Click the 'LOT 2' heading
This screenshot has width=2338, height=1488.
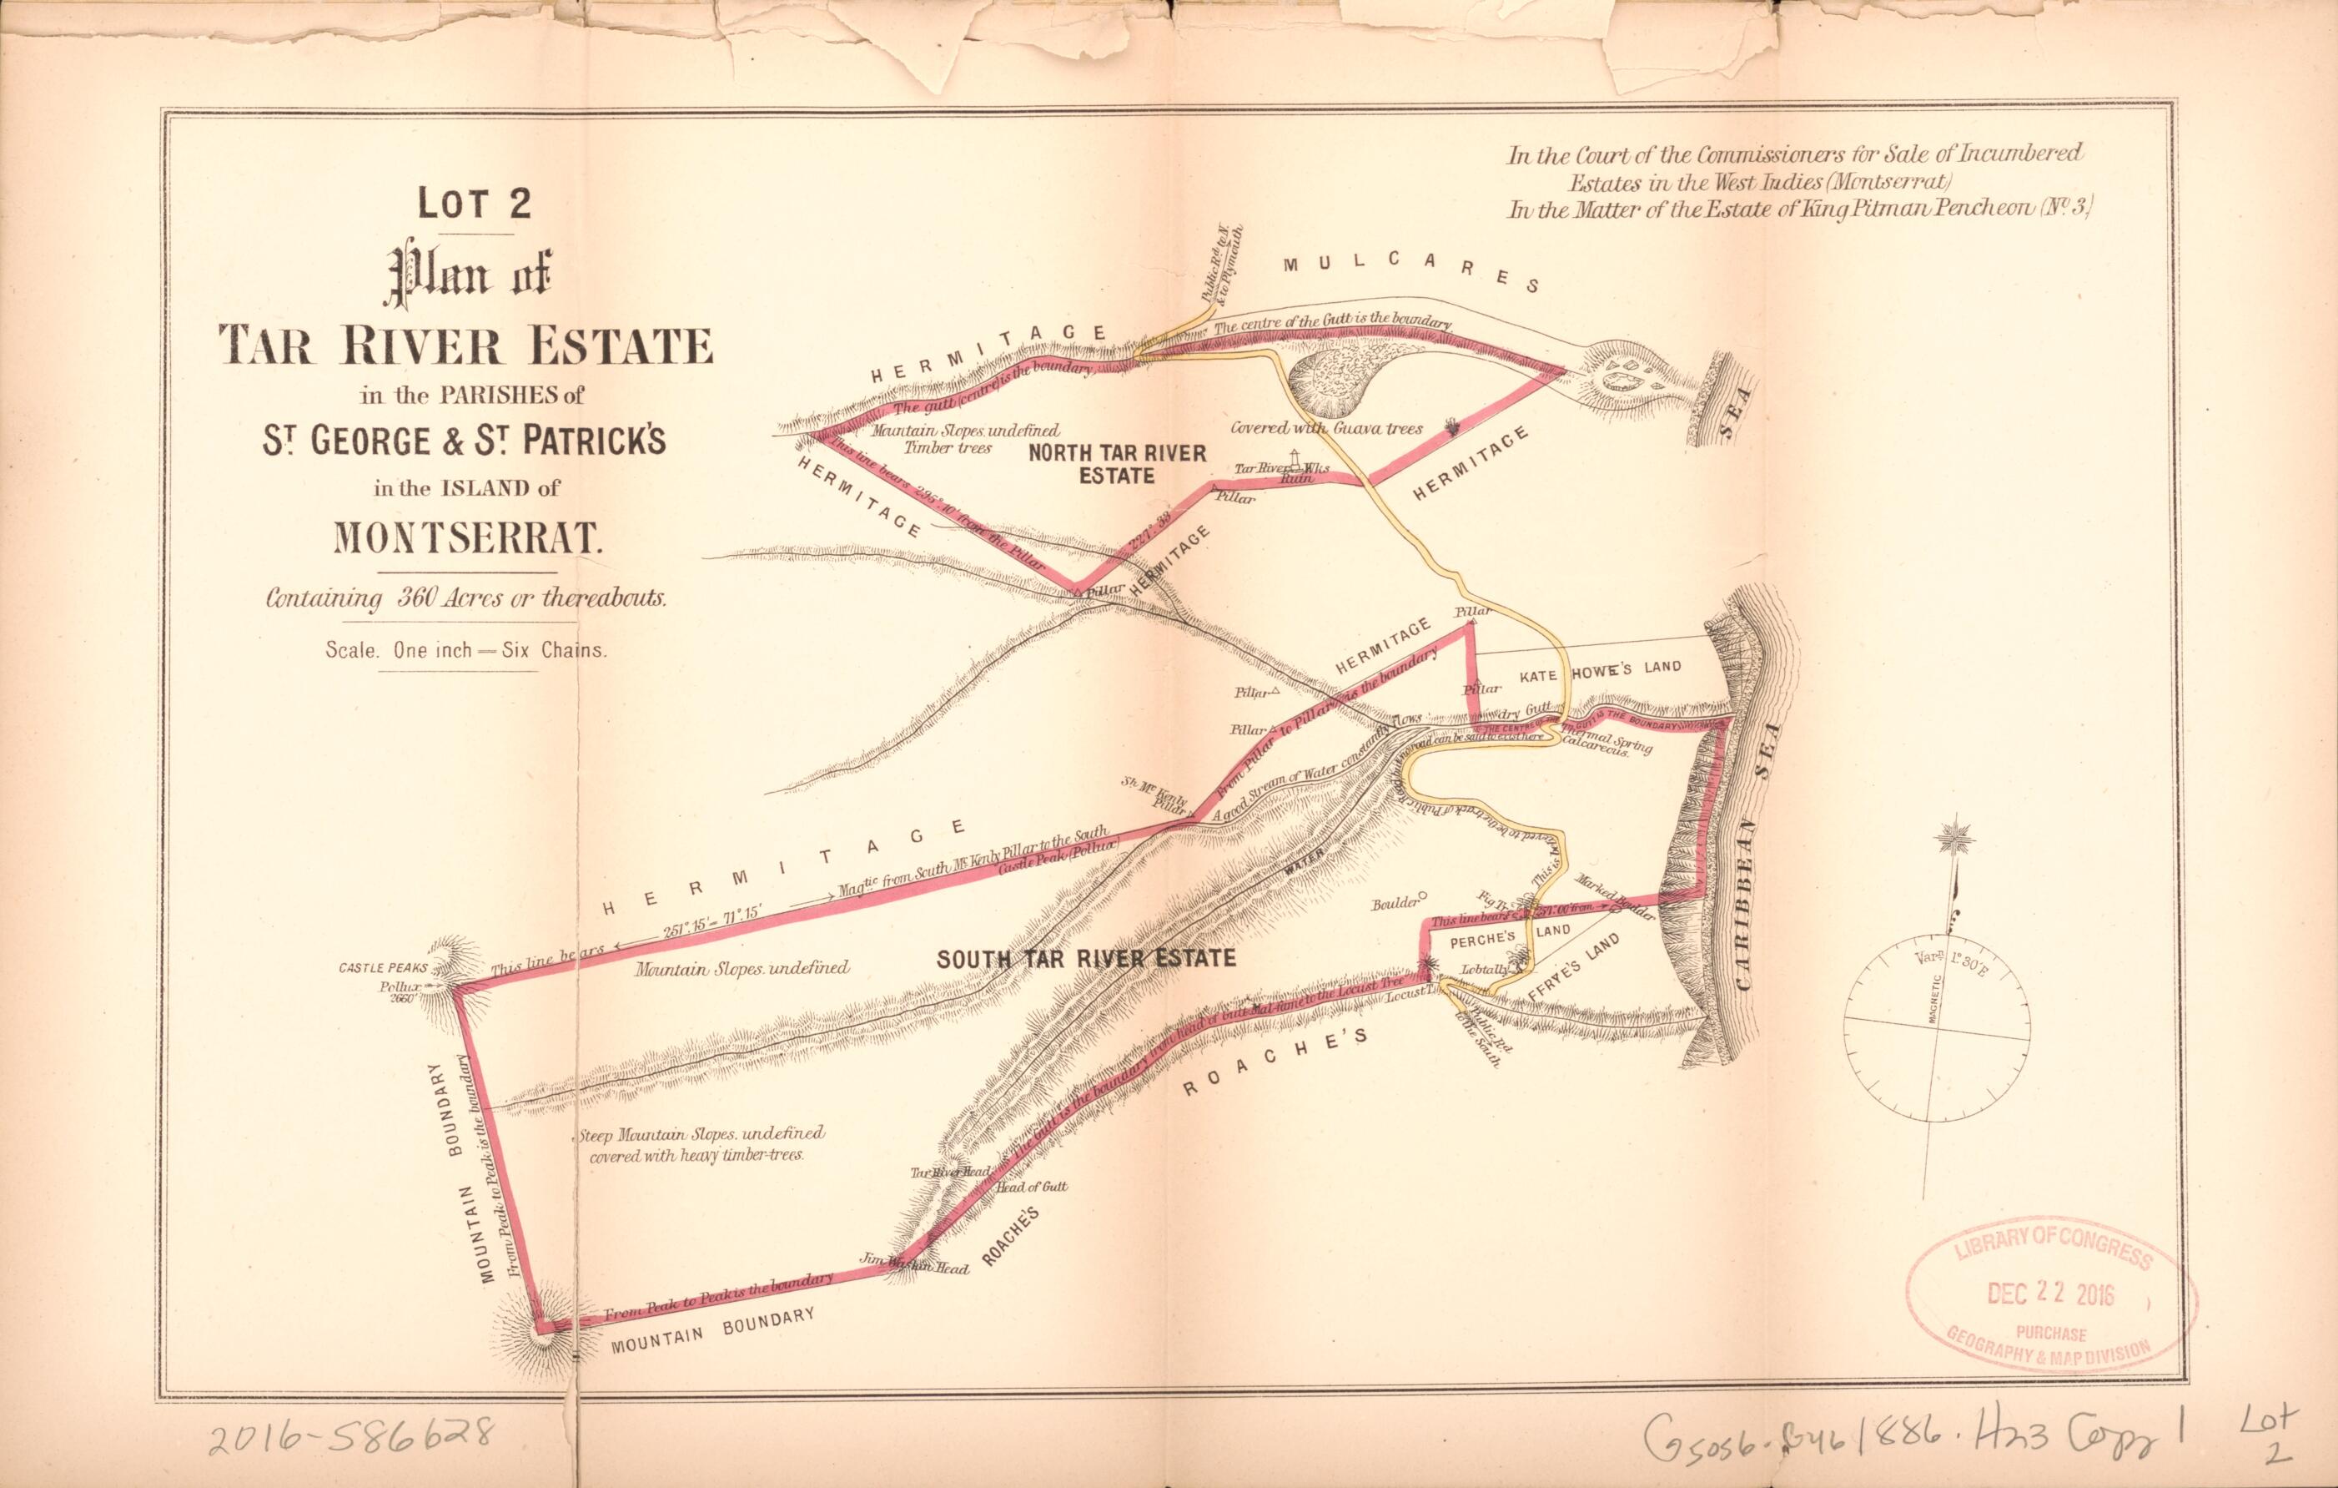[x=474, y=205]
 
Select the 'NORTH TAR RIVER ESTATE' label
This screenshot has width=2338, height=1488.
[x=1117, y=464]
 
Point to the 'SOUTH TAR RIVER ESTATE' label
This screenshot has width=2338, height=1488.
[x=1085, y=959]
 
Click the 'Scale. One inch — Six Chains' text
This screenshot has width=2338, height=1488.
[x=466, y=651]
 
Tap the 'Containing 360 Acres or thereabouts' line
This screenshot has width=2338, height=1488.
[x=466, y=598]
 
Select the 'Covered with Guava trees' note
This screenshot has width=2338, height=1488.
[x=1326, y=428]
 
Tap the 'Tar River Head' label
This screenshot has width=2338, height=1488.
[x=949, y=1173]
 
